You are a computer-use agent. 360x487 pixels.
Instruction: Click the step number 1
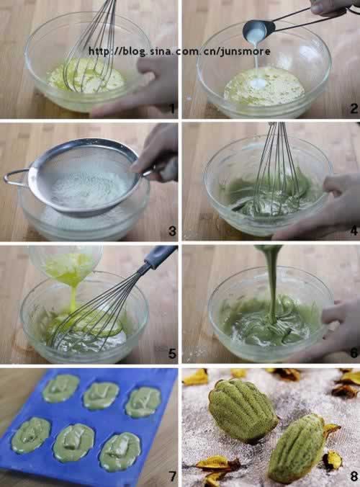tap(172, 109)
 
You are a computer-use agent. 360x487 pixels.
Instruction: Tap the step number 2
tap(354, 109)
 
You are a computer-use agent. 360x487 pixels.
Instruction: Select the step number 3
tap(172, 231)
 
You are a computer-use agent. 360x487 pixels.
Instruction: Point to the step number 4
tap(354, 231)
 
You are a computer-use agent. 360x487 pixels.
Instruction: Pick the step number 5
tap(172, 354)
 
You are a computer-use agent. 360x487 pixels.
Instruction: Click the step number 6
tap(354, 353)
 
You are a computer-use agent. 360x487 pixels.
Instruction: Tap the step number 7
tap(172, 475)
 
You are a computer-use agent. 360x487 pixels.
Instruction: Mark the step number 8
tap(354, 475)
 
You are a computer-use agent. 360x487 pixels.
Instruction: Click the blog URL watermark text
tap(179, 51)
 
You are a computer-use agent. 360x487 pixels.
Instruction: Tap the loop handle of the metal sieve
tap(16, 178)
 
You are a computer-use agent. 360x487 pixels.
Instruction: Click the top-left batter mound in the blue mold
tap(60, 388)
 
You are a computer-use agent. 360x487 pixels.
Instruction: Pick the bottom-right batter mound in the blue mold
tap(120, 451)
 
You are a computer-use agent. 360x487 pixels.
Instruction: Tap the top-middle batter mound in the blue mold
tap(101, 396)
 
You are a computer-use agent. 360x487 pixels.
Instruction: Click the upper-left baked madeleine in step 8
tap(243, 411)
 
